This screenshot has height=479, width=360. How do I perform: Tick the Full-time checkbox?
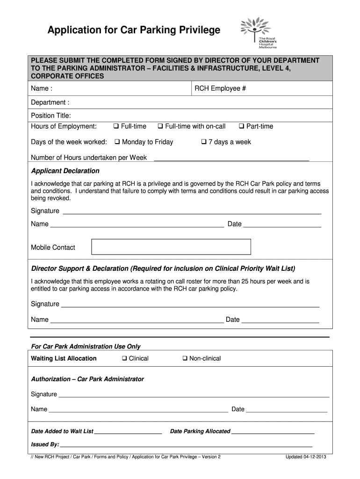(x=116, y=127)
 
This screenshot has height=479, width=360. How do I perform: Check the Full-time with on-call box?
(x=160, y=127)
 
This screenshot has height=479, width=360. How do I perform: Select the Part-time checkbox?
(x=242, y=127)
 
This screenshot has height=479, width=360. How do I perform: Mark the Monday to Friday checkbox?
(x=117, y=142)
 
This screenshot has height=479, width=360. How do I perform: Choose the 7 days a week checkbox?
(x=204, y=142)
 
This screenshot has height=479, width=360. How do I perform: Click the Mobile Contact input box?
(x=171, y=247)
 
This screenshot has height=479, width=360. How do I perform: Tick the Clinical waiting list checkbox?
(x=124, y=359)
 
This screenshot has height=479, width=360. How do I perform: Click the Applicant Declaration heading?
(x=65, y=171)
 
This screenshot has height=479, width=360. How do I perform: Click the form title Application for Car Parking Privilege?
(x=134, y=30)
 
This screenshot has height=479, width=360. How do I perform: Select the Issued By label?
(x=45, y=444)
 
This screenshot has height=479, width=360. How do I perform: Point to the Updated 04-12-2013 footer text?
(x=306, y=457)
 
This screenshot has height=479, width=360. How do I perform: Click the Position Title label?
(x=50, y=116)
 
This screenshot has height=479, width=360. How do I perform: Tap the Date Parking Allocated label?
(x=200, y=431)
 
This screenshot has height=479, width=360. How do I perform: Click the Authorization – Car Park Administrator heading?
(x=87, y=379)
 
